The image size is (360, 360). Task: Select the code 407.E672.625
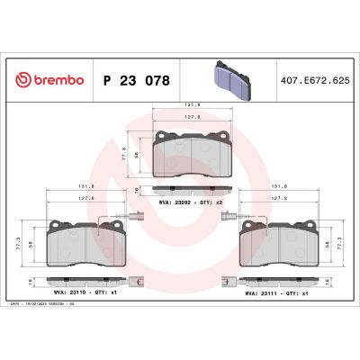click(x=312, y=80)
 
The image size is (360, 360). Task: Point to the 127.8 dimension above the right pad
click(x=279, y=199)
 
